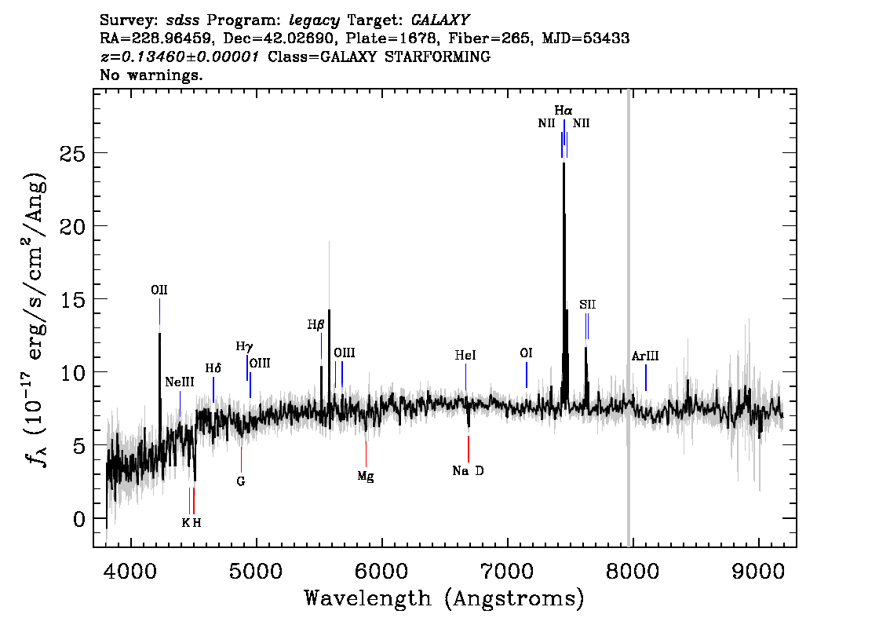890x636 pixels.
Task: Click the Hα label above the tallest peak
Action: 564,111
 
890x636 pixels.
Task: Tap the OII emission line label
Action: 159,291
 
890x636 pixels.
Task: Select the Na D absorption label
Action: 469,471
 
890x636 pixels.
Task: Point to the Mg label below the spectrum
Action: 366,476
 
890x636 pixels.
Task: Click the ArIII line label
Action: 645,356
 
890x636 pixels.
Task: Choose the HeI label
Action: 465,356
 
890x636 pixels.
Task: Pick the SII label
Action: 588,305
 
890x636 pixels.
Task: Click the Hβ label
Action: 316,324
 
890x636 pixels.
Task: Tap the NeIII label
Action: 180,382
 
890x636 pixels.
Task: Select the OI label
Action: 527,353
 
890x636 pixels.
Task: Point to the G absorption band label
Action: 241,481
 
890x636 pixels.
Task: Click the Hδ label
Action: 213,368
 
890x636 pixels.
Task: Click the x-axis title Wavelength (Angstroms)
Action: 444,599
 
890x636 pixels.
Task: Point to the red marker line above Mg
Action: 366,453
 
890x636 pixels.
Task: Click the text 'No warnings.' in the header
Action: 151,75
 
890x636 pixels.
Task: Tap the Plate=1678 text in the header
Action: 396,38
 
